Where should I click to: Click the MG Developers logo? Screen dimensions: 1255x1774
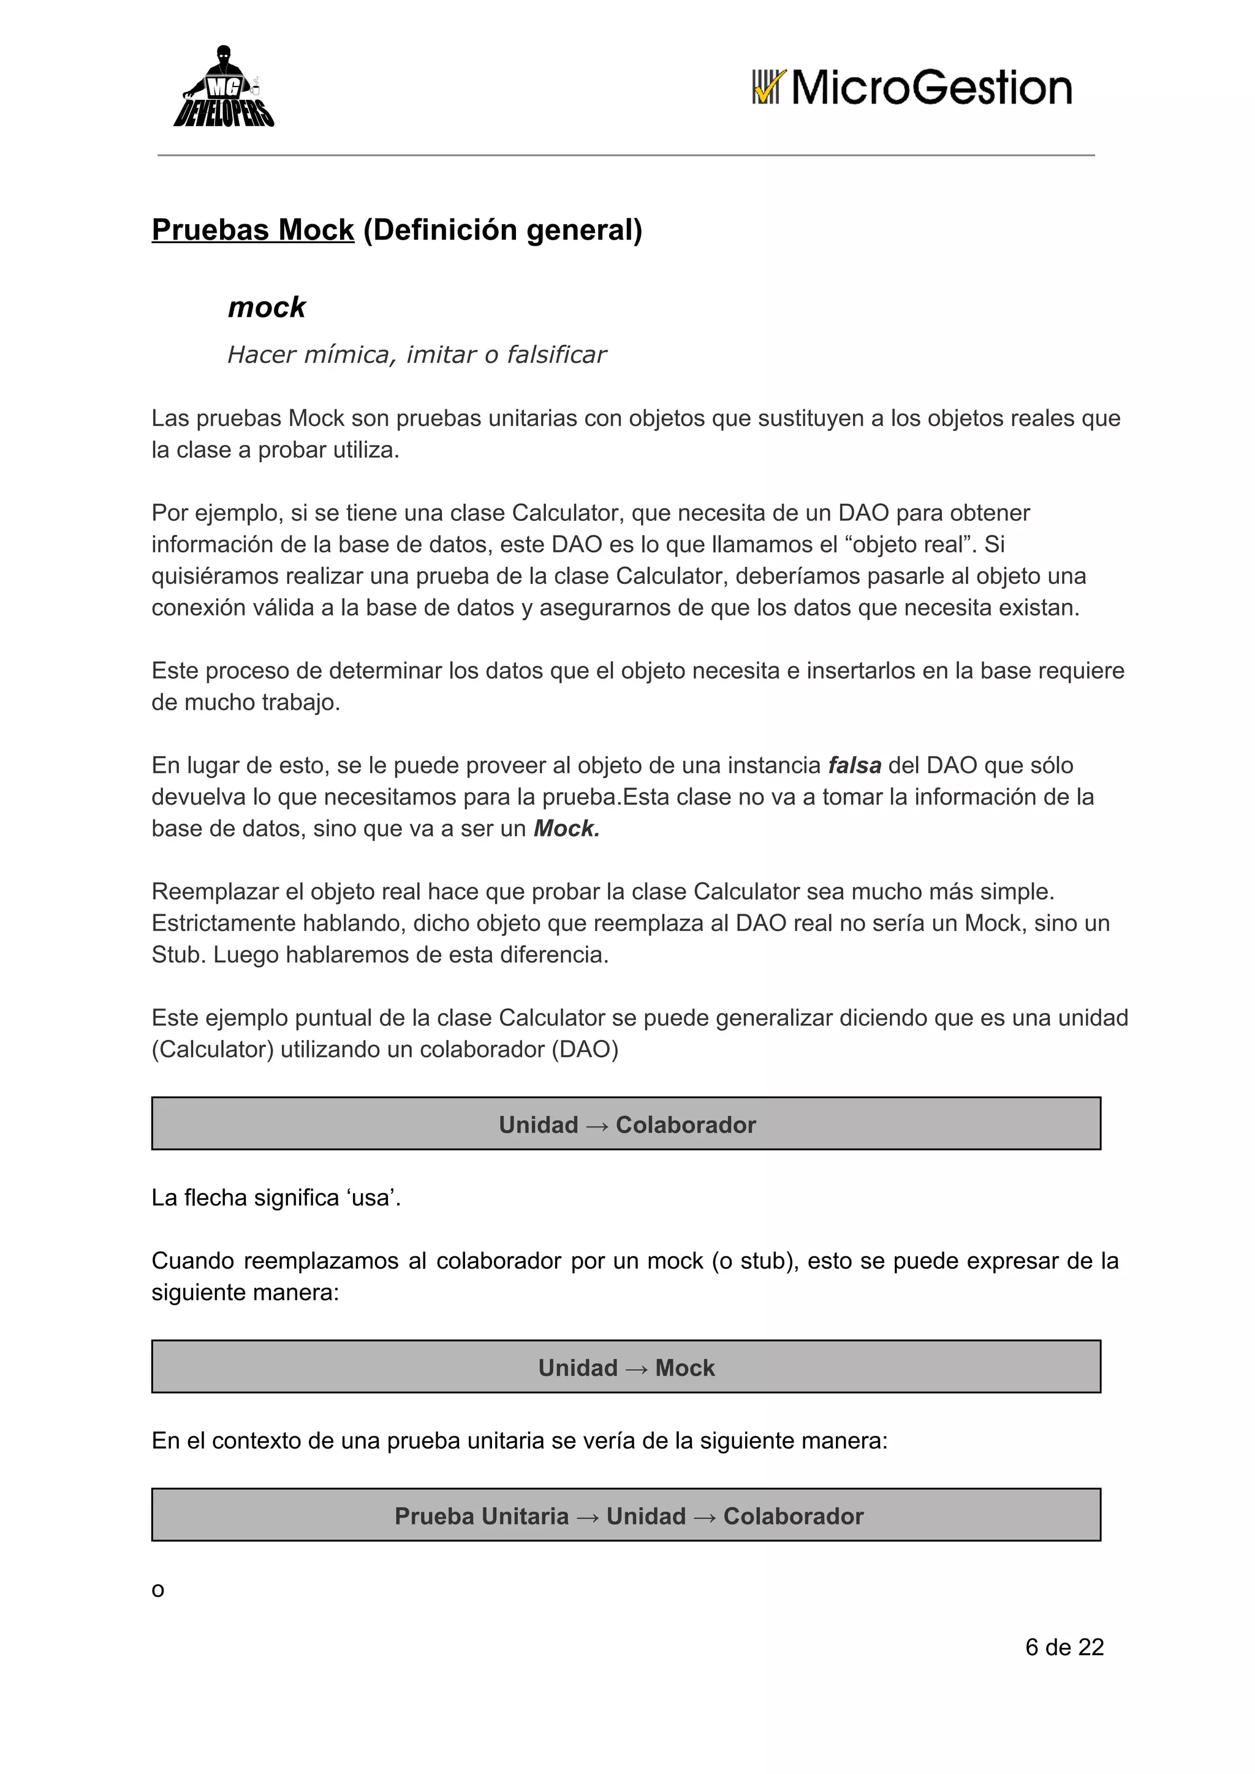click(x=223, y=87)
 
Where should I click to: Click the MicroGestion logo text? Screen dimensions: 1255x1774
click(x=931, y=88)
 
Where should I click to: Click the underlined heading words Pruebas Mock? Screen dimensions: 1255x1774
click(x=252, y=230)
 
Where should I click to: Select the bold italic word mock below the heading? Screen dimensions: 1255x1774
click(x=267, y=308)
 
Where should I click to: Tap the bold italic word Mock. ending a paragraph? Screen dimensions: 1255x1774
click(x=566, y=828)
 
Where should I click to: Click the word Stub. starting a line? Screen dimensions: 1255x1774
click(x=178, y=954)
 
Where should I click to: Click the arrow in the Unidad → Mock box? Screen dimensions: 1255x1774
click(x=636, y=1368)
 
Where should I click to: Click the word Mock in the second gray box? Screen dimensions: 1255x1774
click(x=684, y=1368)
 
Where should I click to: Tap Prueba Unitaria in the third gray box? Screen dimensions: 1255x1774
click(x=482, y=1516)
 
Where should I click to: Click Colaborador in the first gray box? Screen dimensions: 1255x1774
click(x=686, y=1124)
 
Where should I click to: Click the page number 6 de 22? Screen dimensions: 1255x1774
click(x=1064, y=1647)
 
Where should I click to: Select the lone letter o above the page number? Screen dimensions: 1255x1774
click(x=157, y=1590)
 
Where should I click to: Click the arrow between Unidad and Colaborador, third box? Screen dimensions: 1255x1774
click(x=704, y=1517)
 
